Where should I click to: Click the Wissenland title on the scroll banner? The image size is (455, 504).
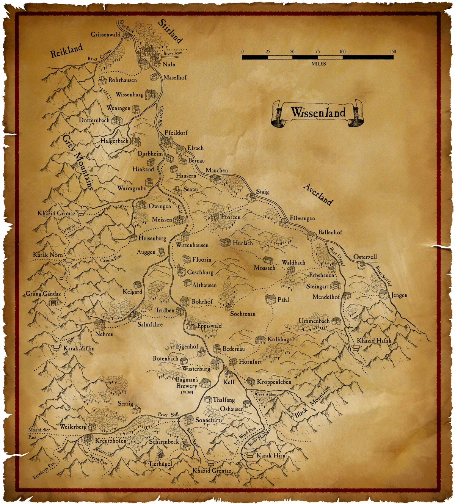click(318, 112)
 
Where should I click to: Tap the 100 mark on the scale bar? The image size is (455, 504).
click(342, 52)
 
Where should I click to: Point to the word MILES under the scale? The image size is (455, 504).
click(318, 64)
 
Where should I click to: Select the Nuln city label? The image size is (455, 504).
click(169, 64)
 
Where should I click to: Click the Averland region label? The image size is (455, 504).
click(318, 194)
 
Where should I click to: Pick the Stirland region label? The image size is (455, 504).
click(171, 31)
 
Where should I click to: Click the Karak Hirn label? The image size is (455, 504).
click(271, 455)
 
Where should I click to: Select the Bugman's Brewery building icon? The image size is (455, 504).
click(205, 383)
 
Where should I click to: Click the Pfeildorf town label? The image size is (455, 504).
click(176, 133)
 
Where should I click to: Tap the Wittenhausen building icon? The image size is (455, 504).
click(185, 237)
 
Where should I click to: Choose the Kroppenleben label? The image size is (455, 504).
click(274, 382)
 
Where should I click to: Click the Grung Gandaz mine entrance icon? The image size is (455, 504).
click(54, 302)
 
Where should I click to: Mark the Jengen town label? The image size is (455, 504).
click(399, 295)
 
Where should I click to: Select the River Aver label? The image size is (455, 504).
click(173, 54)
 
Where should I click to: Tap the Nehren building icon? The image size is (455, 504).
click(99, 325)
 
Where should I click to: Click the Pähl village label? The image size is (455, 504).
click(283, 300)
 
